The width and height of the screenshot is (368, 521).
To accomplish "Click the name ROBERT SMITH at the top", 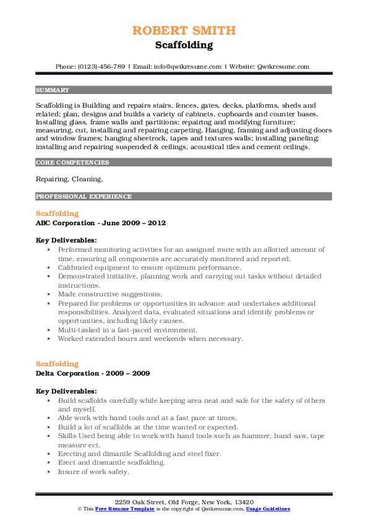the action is click(x=184, y=31).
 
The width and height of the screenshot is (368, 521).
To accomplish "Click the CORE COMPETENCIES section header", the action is click(x=72, y=163).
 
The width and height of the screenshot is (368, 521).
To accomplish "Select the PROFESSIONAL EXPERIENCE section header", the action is click(x=83, y=197).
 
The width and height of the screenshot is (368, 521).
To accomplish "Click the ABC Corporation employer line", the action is click(x=101, y=223).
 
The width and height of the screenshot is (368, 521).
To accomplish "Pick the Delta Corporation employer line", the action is click(x=92, y=374).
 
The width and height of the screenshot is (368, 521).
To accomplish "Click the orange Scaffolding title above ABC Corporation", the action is click(x=58, y=213).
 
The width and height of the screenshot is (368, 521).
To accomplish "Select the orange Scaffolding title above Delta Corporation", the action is click(x=58, y=364).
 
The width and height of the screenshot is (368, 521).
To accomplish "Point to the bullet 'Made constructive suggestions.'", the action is click(x=109, y=295).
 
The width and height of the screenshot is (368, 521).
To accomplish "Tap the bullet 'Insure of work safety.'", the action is click(x=93, y=472).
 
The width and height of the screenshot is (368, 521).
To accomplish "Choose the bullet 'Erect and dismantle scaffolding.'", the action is click(x=111, y=463).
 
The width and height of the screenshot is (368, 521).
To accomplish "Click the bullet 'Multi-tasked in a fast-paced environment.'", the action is click(x=127, y=330).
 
